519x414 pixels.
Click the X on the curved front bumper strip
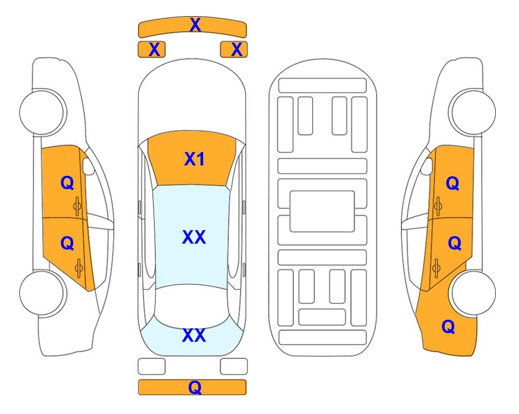point(195,25)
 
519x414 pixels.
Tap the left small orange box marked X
point(151,50)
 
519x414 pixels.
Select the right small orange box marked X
point(234,50)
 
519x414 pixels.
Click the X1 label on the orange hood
point(195,159)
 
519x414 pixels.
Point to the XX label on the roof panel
point(194,237)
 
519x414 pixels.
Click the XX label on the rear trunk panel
point(194,335)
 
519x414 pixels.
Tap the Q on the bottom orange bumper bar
point(195,387)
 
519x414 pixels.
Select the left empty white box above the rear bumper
point(151,367)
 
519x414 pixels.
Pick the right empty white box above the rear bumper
point(234,367)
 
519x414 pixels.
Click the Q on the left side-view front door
point(67,183)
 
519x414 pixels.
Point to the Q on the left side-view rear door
point(67,244)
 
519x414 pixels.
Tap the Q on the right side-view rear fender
point(448,327)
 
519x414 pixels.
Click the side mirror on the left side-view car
point(88,166)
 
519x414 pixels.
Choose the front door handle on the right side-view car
point(438,206)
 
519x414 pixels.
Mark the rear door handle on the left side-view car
point(79,268)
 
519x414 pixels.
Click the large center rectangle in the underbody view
point(322,211)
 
